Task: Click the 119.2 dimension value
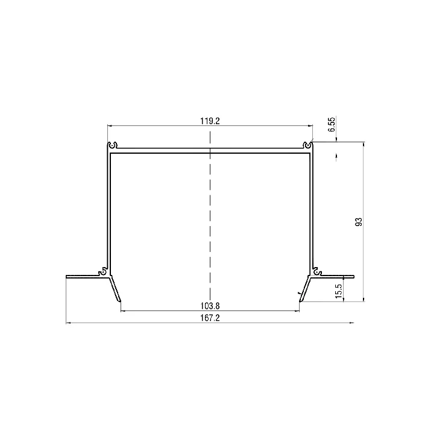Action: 210,121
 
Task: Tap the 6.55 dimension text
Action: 332,124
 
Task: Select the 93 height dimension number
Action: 359,222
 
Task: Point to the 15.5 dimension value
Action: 339,291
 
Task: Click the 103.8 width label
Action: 210,306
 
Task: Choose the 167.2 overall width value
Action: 210,318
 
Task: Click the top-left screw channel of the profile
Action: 112,145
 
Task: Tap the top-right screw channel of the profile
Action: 307,145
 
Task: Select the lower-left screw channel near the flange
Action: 102,272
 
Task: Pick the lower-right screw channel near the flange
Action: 317,272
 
